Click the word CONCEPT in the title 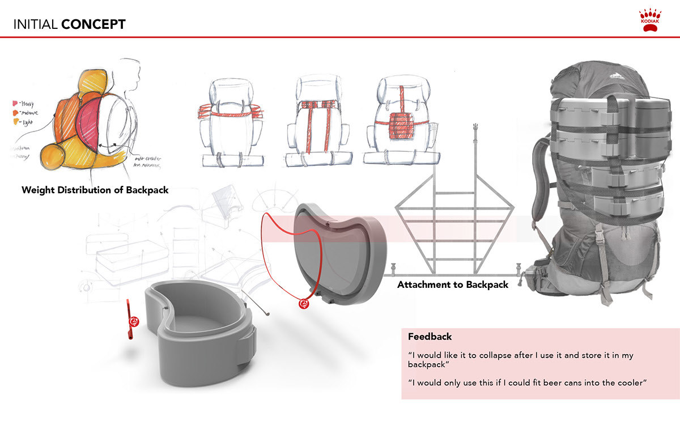[x=93, y=24]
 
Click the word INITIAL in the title [x=35, y=24]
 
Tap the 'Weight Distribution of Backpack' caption [x=95, y=190]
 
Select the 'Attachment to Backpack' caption [x=453, y=284]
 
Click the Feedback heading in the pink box [x=430, y=337]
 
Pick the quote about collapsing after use [x=520, y=360]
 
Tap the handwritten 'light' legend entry [x=25, y=122]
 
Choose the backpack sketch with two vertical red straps [x=317, y=122]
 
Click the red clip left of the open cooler [x=133, y=320]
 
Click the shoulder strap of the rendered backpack [x=545, y=170]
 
